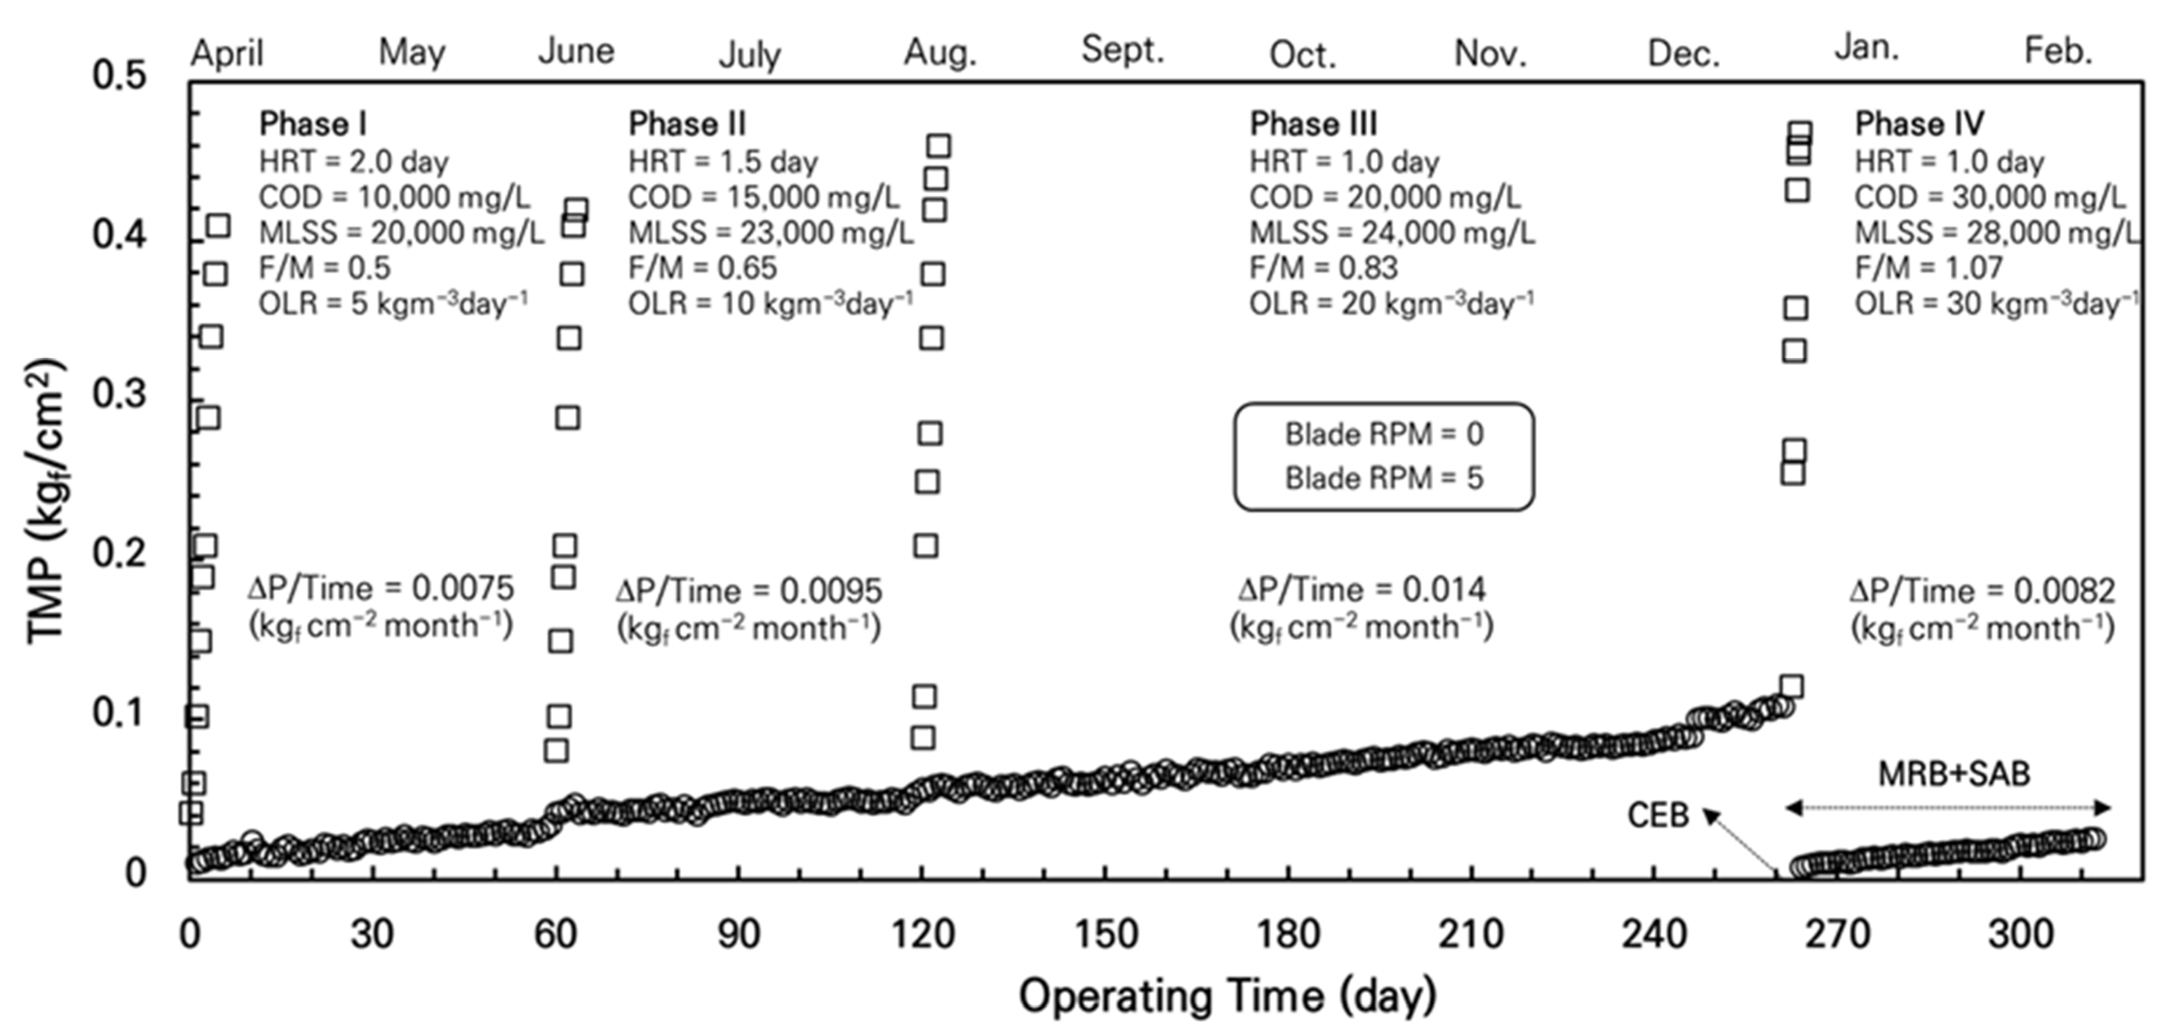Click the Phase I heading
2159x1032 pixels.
click(x=313, y=124)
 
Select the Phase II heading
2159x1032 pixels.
click(x=686, y=124)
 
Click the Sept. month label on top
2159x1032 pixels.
click(x=1122, y=50)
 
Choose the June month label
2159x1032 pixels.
click(x=576, y=51)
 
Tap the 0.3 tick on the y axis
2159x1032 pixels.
click(x=119, y=394)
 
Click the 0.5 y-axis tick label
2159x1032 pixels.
click(x=119, y=75)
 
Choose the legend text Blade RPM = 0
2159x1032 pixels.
click(x=1384, y=434)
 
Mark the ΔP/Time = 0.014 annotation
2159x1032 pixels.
click(x=1361, y=589)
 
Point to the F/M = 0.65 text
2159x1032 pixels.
click(x=703, y=268)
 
